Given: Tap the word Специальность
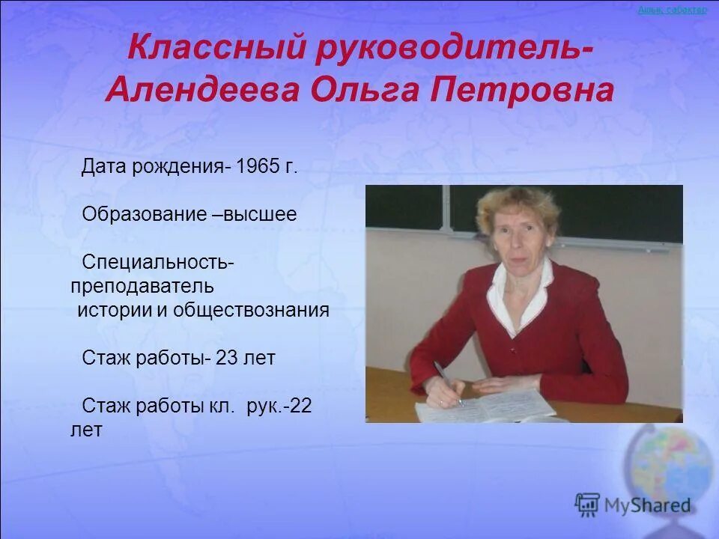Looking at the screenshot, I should (x=158, y=263).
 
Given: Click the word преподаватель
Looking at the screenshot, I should (x=142, y=286).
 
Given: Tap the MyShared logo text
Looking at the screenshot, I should (x=646, y=505).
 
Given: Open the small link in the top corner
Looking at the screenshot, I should (x=672, y=10).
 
